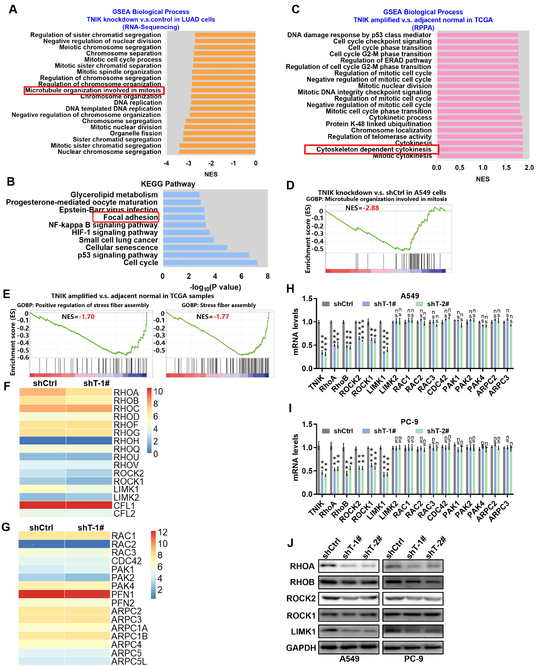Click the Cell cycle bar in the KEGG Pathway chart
[210, 262]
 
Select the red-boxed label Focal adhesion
[130, 217]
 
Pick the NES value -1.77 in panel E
[221, 317]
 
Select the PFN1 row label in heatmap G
[123, 594]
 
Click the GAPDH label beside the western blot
[301, 648]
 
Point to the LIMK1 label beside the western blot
[303, 631]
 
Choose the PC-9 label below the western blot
[413, 659]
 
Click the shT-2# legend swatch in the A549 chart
[419, 304]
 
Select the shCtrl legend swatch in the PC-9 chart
[326, 431]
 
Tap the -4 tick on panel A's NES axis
[166, 164]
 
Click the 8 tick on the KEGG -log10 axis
[268, 276]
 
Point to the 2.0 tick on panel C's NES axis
[529, 167]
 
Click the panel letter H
[290, 289]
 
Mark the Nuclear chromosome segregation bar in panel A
[217, 152]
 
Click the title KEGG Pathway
[168, 184]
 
